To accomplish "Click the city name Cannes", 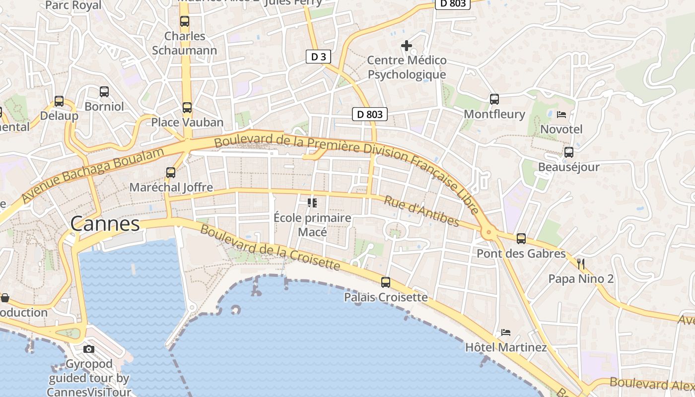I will coord(105,224).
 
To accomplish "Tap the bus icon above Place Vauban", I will coord(187,108).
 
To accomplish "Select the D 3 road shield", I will coord(318,57).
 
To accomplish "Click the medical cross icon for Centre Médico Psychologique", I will coord(406,46).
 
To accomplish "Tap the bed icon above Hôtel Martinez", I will coord(505,332).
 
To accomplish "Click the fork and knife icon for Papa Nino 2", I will coord(581,264).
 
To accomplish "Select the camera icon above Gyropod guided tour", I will coord(89,349).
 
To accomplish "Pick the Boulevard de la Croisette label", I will coord(270,248).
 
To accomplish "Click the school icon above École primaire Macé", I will coord(312,202).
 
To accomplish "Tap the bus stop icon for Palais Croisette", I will coord(385,282).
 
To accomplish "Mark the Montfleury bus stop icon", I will coord(494,99).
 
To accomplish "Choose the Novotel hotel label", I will coord(561,129).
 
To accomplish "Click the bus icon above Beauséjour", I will coord(568,152).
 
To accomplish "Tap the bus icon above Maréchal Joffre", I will coord(171,173).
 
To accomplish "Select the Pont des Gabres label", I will coord(521,254).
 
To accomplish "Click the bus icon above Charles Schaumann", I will coord(184,21).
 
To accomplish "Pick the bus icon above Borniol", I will coord(104,92).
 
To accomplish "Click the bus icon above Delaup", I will coord(59,101).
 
